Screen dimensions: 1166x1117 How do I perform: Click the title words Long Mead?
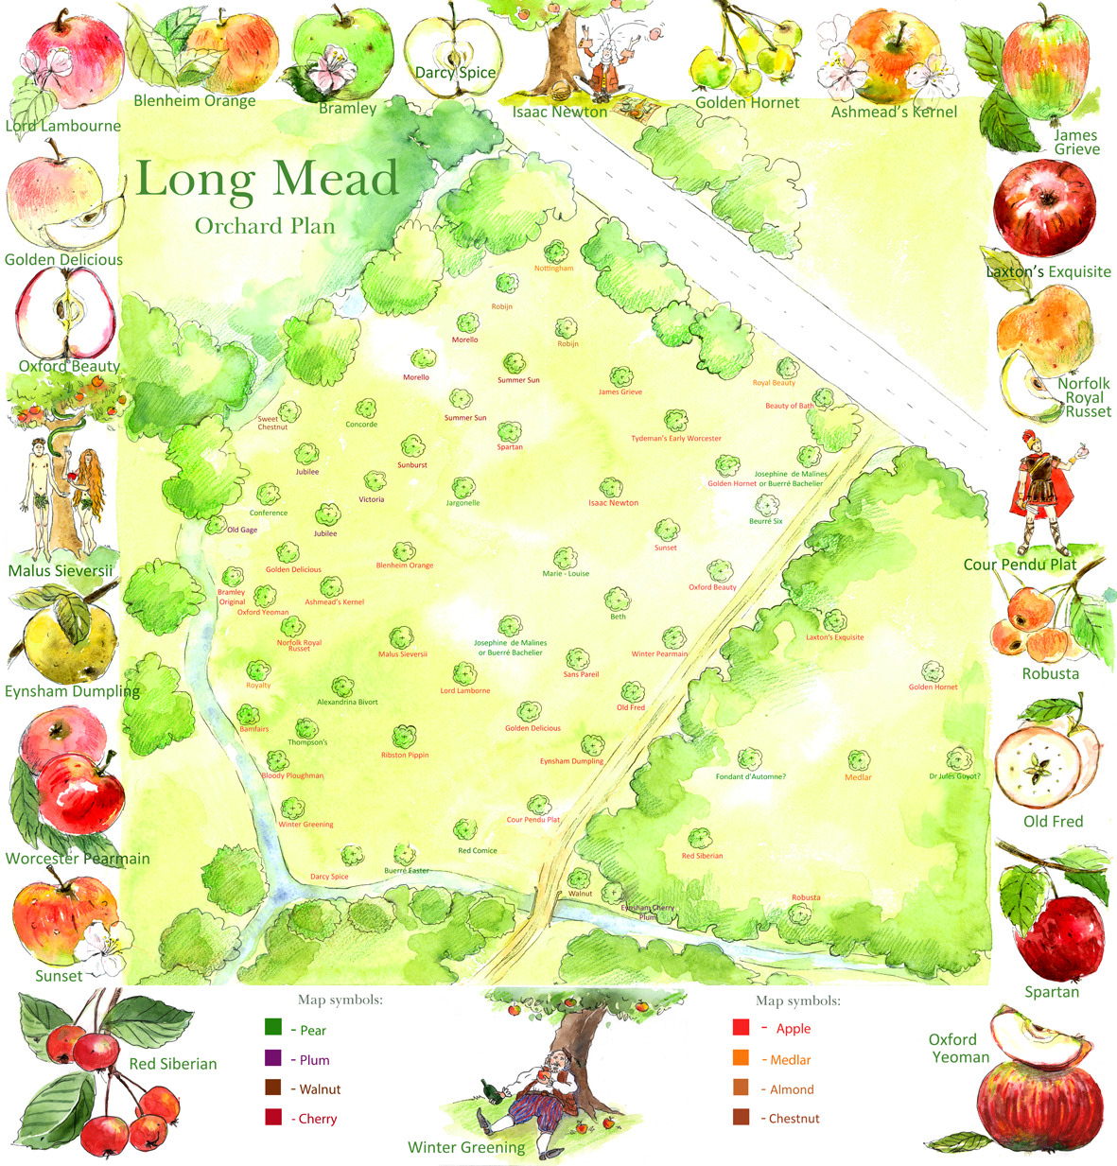(x=268, y=180)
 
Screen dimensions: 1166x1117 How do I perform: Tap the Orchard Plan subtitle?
(x=265, y=226)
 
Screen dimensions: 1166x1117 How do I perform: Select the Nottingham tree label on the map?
(x=553, y=269)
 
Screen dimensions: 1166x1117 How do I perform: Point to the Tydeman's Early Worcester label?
(x=676, y=439)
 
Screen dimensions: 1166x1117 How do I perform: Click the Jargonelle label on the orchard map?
(x=463, y=503)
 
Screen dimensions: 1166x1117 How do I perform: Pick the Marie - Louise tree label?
(x=566, y=574)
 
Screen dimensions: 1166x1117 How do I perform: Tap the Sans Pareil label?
(x=581, y=674)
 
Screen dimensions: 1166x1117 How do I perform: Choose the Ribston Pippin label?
(x=405, y=756)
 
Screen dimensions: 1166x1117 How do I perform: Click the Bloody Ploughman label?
(x=292, y=776)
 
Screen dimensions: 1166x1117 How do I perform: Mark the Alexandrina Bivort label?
(x=347, y=703)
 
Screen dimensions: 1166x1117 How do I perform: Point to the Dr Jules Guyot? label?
(x=954, y=777)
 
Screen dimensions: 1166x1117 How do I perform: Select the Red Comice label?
(x=478, y=851)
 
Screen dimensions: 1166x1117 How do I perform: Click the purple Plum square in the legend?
(x=274, y=1058)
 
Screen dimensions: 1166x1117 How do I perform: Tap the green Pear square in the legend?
(x=274, y=1028)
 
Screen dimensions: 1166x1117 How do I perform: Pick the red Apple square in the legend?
(x=742, y=1027)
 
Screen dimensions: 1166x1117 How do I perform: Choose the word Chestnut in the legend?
(x=794, y=1119)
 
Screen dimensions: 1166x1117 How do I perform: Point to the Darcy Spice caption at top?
(x=455, y=73)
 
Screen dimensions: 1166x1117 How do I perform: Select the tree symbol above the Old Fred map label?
(x=633, y=692)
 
